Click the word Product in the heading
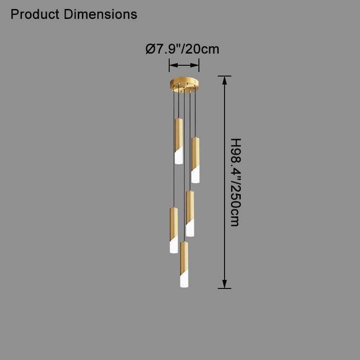(35, 14)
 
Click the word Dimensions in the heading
(100, 14)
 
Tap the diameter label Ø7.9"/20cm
(182, 49)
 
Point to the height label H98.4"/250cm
(235, 182)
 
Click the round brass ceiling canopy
(184, 85)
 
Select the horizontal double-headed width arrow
(184, 65)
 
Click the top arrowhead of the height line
(225, 81)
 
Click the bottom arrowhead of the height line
(225, 284)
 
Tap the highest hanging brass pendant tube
(179, 141)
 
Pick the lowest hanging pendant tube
(184, 264)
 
